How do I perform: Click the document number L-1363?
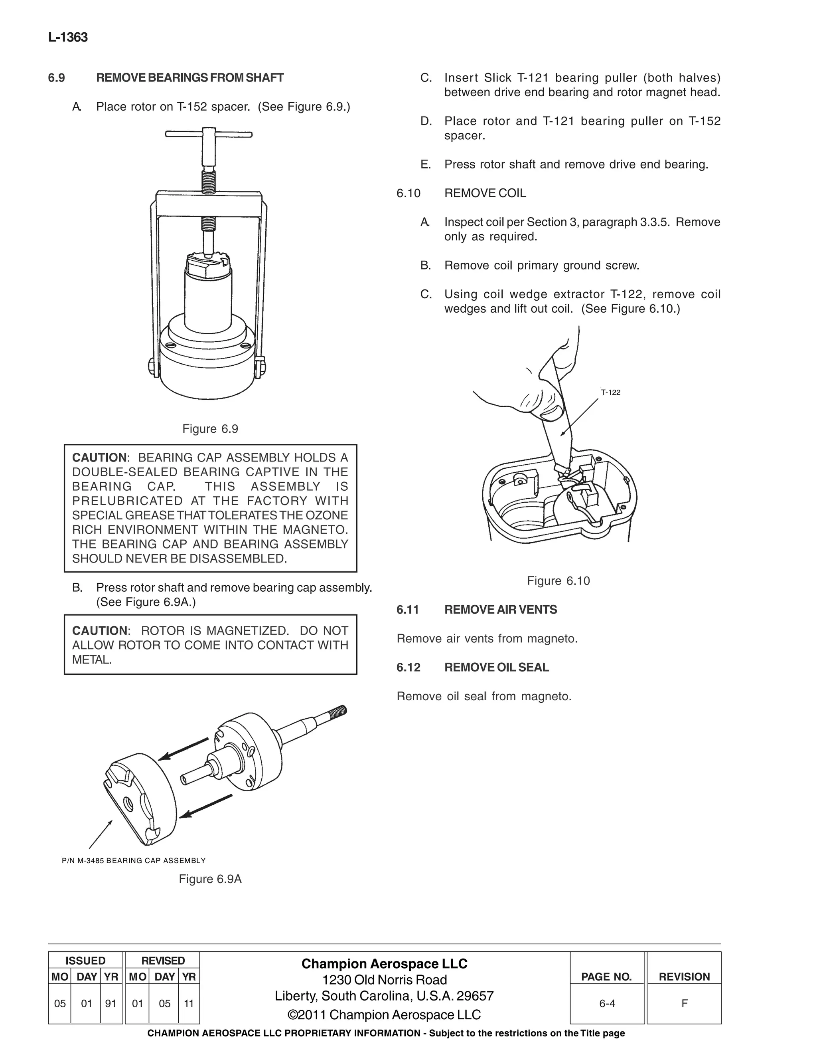[x=68, y=38]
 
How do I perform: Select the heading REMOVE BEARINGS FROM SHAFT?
[x=190, y=78]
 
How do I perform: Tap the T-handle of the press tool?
[x=209, y=134]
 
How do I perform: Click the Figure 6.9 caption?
[x=210, y=429]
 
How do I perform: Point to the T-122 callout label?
[x=610, y=392]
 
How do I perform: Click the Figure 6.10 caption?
[x=558, y=581]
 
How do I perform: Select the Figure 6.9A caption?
[x=210, y=879]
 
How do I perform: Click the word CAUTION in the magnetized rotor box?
[x=99, y=631]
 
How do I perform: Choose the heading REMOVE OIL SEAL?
[x=497, y=667]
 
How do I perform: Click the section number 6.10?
[x=408, y=193]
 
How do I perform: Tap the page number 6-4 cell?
[x=607, y=1004]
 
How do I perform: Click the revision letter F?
[x=684, y=1004]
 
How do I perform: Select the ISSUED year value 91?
[x=111, y=1004]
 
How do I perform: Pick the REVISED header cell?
[x=163, y=961]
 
